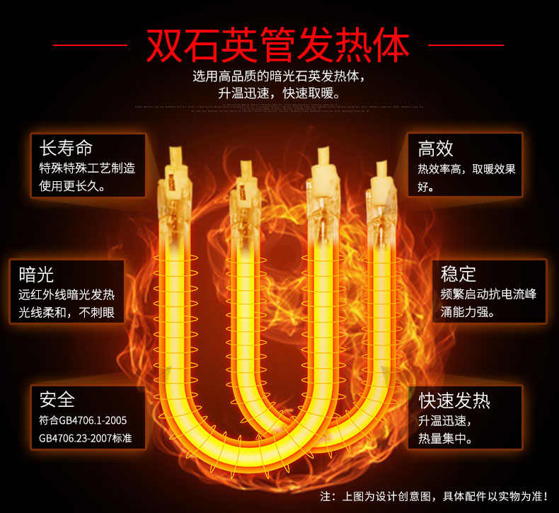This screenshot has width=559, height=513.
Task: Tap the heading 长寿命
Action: pos(67,148)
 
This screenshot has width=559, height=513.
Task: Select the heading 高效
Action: pos(435,148)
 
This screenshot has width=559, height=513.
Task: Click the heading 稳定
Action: pos(459,274)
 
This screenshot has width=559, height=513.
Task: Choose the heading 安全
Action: pos(57,400)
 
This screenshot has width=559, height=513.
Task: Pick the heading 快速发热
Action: pos(454,400)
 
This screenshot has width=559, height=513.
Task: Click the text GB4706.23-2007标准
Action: pos(86,438)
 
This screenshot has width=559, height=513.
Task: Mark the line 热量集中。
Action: pos(445,439)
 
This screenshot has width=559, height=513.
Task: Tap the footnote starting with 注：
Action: pos(434,495)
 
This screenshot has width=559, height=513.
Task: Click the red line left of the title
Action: pos(90,46)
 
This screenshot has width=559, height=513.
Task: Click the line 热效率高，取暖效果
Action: pos(466,169)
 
